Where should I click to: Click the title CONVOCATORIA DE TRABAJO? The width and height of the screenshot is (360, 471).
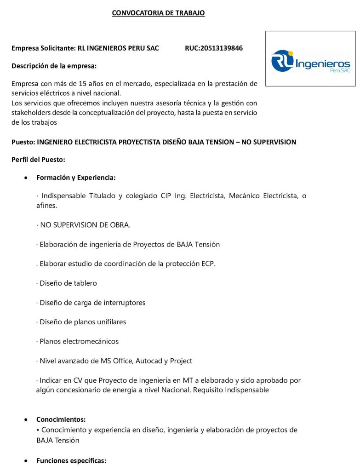[x=158, y=13]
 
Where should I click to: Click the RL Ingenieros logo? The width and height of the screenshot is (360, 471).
[x=310, y=60]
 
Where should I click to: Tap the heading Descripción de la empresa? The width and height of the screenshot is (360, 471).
[x=54, y=66]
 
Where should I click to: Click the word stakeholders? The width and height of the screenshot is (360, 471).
[x=31, y=113]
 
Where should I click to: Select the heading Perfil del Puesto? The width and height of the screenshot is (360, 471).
[x=38, y=160]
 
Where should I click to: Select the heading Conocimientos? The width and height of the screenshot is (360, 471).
[x=61, y=419]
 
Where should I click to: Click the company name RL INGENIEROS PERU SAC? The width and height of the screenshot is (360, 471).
[x=118, y=48]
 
